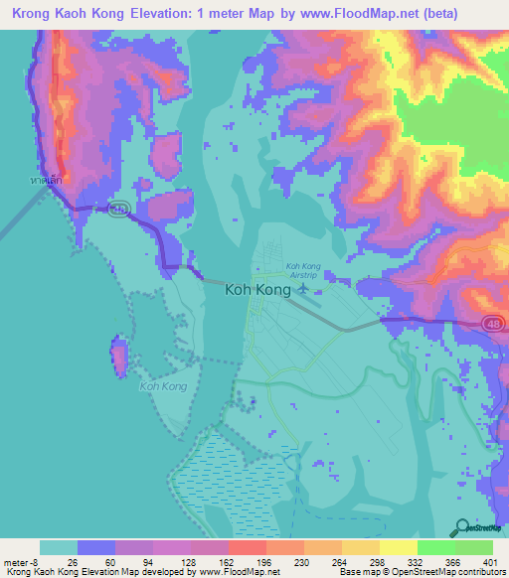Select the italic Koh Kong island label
coord(163,385)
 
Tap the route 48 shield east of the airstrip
coord(493,323)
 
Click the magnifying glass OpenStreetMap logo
coord(464,528)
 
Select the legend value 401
coord(489,561)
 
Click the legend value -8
coord(36,561)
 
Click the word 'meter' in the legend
coord(15,561)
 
